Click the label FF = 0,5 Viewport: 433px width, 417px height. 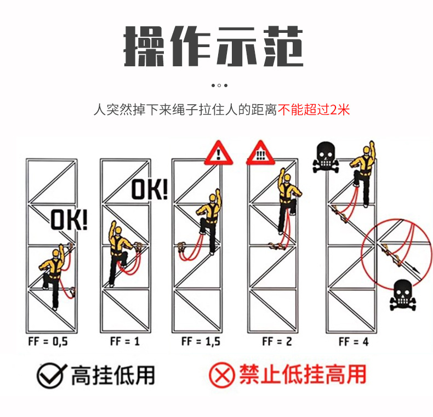click(48, 341)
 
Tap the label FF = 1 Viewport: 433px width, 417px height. click(125, 341)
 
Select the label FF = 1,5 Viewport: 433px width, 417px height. click(201, 341)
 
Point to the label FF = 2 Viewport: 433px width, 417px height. click(277, 341)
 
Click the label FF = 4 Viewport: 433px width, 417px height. click(354, 341)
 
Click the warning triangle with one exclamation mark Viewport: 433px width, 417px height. click(219, 153)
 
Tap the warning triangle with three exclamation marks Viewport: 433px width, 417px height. click(260, 153)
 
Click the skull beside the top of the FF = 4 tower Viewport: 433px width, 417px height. click(326, 157)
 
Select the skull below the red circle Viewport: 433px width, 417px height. click(403, 295)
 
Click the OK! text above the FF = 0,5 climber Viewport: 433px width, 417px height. click(69, 220)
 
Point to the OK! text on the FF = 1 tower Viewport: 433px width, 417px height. click(150, 189)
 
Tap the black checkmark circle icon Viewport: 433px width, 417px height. click(52, 375)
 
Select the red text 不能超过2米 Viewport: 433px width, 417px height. click(314, 110)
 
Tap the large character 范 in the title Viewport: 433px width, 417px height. click(283, 46)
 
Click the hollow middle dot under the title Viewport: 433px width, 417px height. click(219, 85)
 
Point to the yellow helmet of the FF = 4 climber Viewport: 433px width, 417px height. click(367, 150)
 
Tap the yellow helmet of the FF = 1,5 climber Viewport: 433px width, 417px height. click(212, 197)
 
